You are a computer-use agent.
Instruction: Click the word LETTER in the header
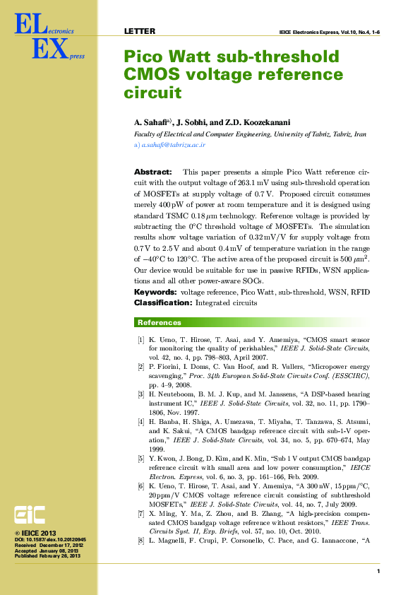click(x=139, y=32)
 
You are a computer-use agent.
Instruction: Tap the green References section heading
click(x=159, y=323)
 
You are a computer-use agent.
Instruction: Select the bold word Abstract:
click(x=152, y=172)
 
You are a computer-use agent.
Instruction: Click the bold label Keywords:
click(x=156, y=292)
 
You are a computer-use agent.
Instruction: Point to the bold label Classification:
click(x=162, y=302)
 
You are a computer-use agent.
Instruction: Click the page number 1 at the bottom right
click(x=378, y=571)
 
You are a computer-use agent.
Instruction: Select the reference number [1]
click(x=141, y=341)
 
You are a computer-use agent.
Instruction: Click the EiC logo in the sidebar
click(x=31, y=514)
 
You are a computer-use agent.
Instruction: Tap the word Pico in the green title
click(x=143, y=57)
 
